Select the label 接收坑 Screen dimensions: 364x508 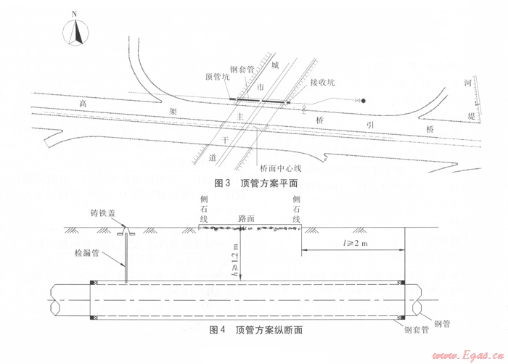[x=322, y=82]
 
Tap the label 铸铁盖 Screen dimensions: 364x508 [x=102, y=214]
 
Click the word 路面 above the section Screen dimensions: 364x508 [x=247, y=218]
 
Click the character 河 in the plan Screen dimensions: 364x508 [x=470, y=84]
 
